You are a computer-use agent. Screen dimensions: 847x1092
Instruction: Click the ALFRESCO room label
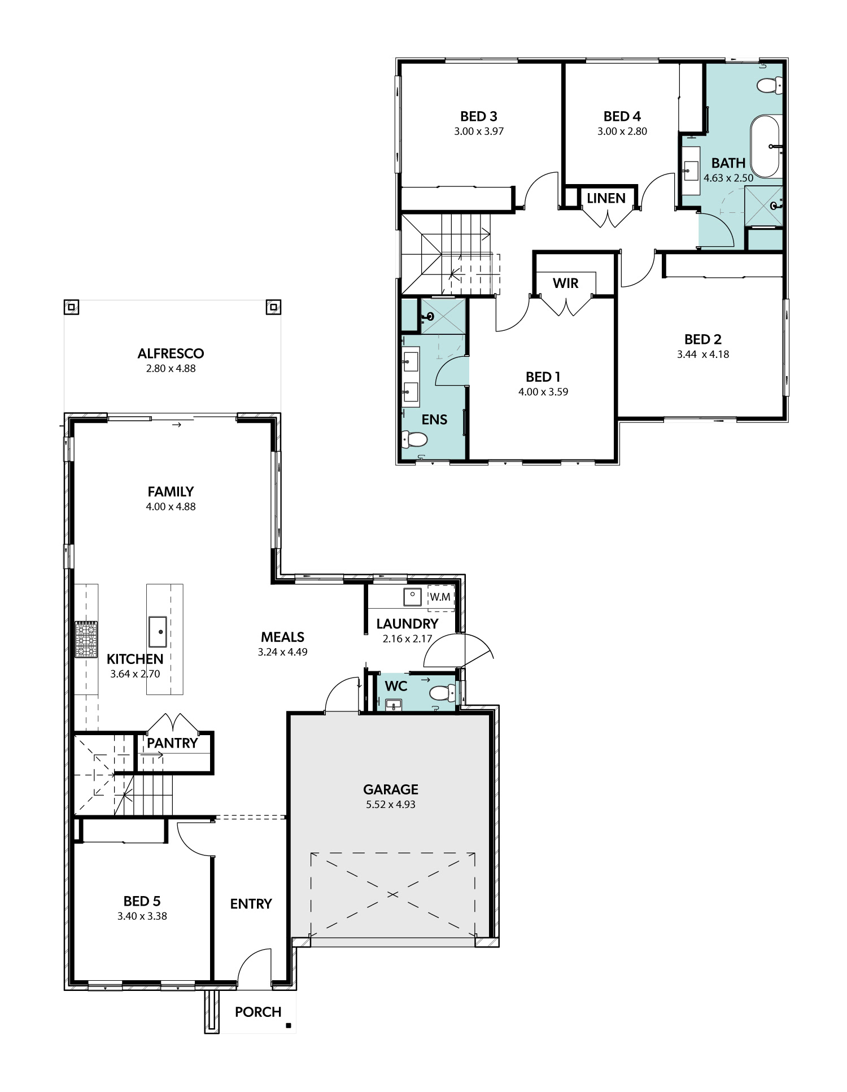(x=171, y=353)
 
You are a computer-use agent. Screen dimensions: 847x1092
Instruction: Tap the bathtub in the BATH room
(x=765, y=147)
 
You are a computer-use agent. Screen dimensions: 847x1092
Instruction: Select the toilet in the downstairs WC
(x=442, y=693)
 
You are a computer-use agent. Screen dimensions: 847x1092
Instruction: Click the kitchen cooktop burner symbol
(x=86, y=640)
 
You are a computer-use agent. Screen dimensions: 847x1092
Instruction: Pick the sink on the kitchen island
(x=158, y=632)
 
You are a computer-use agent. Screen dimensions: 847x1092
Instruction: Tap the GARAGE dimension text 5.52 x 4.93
(x=391, y=805)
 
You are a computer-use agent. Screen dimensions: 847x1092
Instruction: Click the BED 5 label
(x=142, y=901)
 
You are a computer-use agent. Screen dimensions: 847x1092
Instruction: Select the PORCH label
(x=258, y=1012)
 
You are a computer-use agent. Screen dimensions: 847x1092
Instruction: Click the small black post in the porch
(x=289, y=1025)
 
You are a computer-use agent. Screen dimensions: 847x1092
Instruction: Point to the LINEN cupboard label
(x=606, y=198)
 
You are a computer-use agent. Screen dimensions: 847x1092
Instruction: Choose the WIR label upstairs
(x=565, y=283)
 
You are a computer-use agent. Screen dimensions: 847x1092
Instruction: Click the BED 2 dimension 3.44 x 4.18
(x=703, y=355)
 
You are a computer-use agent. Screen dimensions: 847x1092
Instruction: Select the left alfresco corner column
(x=71, y=307)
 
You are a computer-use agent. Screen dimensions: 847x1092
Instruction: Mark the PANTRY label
(x=172, y=743)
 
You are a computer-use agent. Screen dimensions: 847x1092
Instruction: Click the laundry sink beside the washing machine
(x=412, y=597)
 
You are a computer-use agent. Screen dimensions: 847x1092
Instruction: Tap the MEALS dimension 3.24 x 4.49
(x=283, y=652)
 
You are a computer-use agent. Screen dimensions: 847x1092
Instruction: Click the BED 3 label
(x=479, y=116)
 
